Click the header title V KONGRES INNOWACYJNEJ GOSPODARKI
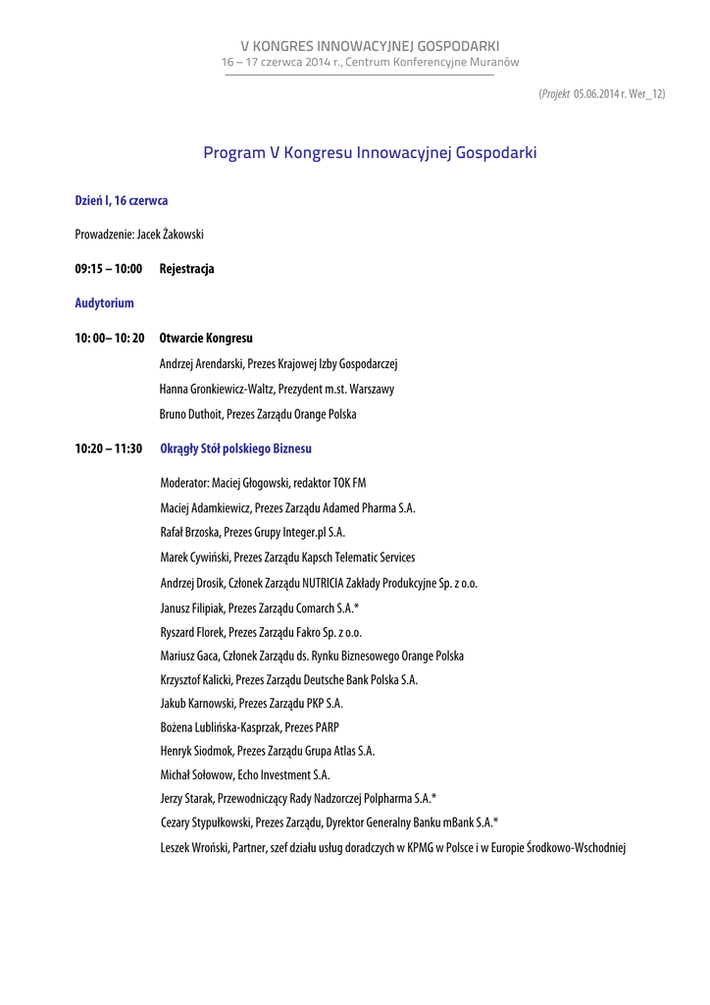[x=371, y=46]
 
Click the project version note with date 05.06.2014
[x=601, y=93]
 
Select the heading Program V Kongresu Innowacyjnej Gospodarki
[x=370, y=153]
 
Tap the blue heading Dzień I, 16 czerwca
[x=122, y=200]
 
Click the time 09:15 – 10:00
[x=108, y=269]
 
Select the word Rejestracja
[x=186, y=269]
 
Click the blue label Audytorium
[x=104, y=303]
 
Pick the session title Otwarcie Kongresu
[x=206, y=338]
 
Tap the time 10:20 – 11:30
[x=108, y=449]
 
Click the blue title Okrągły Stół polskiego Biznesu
[x=235, y=449]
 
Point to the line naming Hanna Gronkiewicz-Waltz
[x=277, y=390]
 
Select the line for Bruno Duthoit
[x=258, y=414]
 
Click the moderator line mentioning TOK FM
[x=263, y=483]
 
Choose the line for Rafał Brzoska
[x=252, y=532]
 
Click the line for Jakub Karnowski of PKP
[x=251, y=704]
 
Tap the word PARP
[x=327, y=727]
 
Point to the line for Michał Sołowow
[x=244, y=775]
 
